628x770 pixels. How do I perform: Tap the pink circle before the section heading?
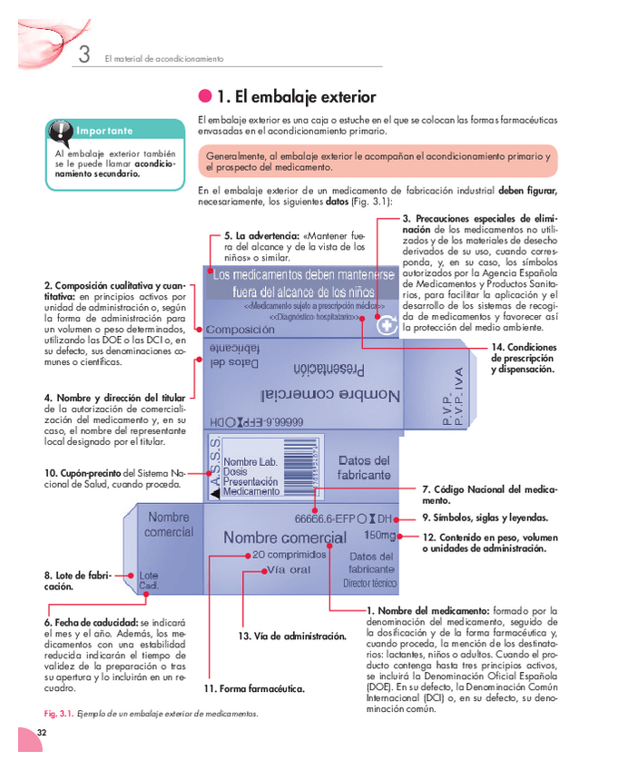(x=205, y=97)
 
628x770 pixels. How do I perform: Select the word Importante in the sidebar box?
(x=104, y=132)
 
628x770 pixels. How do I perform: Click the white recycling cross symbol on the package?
(x=387, y=326)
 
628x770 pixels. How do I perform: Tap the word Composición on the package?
(x=240, y=330)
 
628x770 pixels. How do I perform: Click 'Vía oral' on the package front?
(x=288, y=569)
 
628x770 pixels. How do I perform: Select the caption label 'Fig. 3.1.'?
(x=59, y=713)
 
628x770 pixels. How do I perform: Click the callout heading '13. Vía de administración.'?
(x=291, y=637)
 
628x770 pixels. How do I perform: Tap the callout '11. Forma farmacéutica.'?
(x=253, y=689)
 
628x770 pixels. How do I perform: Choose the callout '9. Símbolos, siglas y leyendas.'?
(x=490, y=518)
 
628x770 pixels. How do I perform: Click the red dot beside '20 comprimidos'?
(x=247, y=554)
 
